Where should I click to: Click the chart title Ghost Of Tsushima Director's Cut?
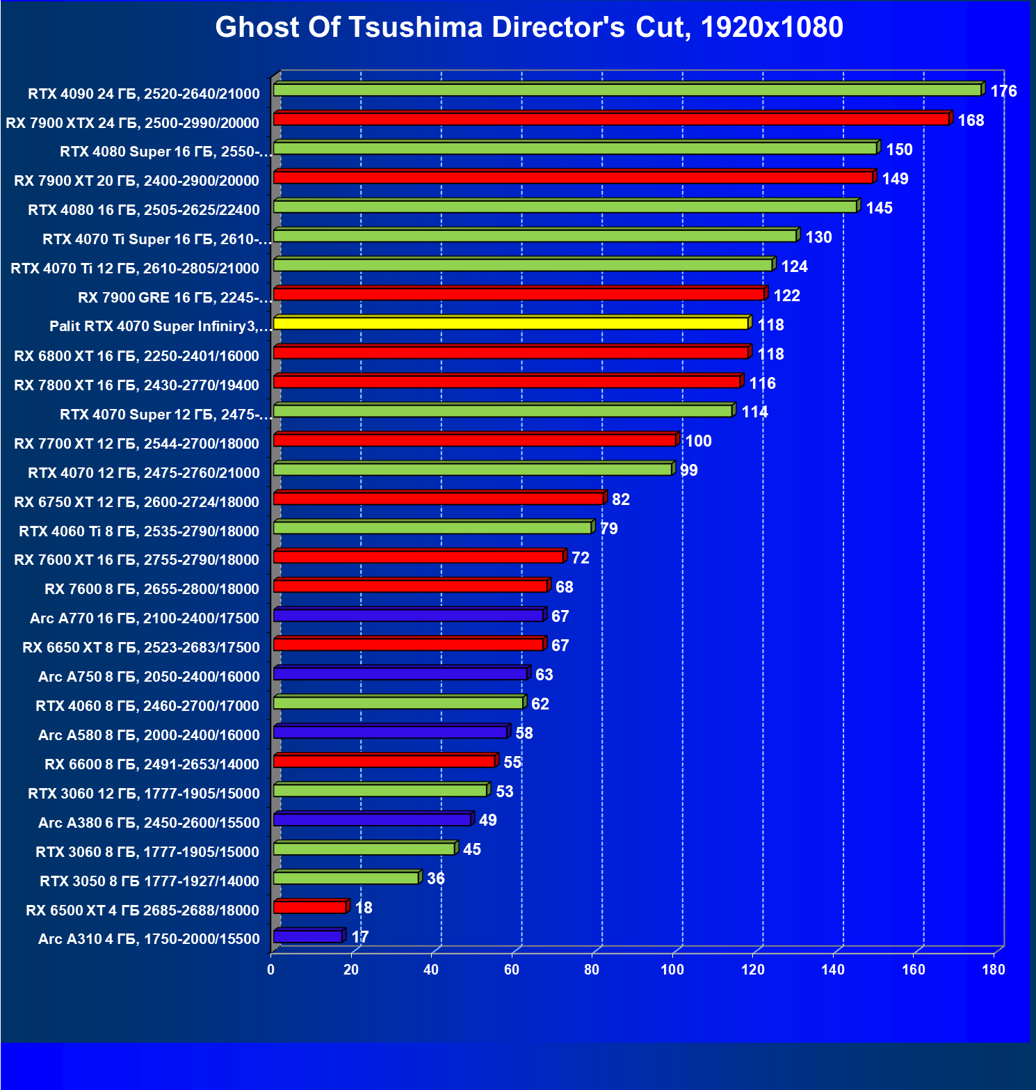click(x=528, y=28)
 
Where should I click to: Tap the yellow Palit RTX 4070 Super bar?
click(x=511, y=323)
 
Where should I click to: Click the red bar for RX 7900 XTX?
click(x=612, y=119)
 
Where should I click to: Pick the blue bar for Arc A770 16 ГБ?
click(x=409, y=616)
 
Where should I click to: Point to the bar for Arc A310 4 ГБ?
click(x=308, y=936)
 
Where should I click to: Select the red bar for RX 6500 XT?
click(x=310, y=907)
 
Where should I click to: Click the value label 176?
click(x=1003, y=91)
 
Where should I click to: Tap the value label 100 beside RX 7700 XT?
click(x=698, y=441)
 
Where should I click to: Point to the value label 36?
click(x=436, y=879)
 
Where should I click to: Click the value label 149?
click(x=895, y=179)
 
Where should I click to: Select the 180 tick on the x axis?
click(x=994, y=970)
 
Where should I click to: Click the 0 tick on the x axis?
click(x=271, y=970)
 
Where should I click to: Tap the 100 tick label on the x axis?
click(x=672, y=970)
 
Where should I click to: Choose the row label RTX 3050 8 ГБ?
click(x=149, y=881)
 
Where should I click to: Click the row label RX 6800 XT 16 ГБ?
click(x=137, y=356)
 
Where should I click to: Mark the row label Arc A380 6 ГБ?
click(x=149, y=823)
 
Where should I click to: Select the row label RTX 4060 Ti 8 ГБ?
click(x=139, y=531)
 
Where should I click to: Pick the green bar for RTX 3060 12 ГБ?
click(x=381, y=790)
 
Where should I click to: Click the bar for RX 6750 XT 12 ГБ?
click(x=439, y=498)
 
